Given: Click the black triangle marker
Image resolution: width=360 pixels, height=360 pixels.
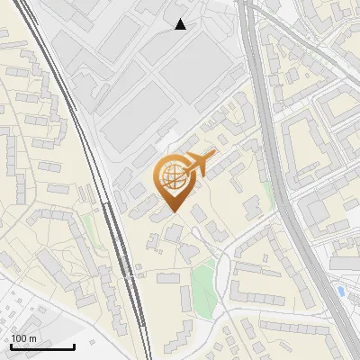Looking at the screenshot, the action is click(x=181, y=24).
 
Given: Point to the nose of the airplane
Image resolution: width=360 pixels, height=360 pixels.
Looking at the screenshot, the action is click(x=215, y=154).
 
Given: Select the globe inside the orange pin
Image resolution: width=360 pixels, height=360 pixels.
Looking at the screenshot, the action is click(x=174, y=179).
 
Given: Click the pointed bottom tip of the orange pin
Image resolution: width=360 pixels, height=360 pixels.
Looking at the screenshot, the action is click(x=174, y=212).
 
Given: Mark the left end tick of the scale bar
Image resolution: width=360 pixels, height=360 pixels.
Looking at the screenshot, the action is click(x=11, y=346).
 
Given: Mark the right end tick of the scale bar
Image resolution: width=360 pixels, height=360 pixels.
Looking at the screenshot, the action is click(x=74, y=346).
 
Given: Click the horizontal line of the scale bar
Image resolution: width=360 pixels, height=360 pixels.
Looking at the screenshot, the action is click(x=42, y=347).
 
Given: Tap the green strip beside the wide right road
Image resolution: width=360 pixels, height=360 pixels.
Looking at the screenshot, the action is click(x=268, y=193).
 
